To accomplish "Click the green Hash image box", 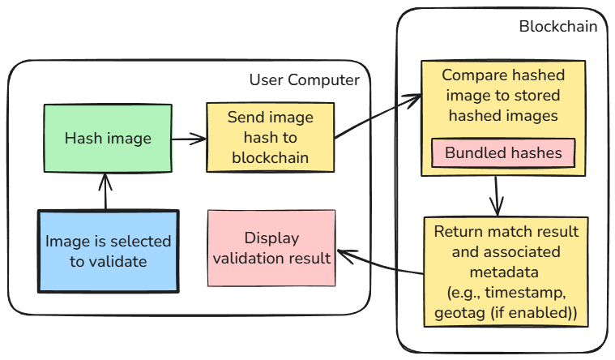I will (x=107, y=138).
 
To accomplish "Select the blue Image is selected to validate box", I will (x=107, y=251).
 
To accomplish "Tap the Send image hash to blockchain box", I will (x=270, y=138).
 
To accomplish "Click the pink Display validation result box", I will (x=271, y=248).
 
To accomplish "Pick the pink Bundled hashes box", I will (x=503, y=152).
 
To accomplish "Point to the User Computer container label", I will (x=304, y=79).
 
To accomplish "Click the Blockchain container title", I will (x=557, y=26).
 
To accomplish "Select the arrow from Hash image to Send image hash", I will (x=188, y=139).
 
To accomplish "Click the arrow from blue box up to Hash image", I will (x=103, y=191).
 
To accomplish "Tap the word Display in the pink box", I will (x=271, y=238).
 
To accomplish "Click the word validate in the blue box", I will (x=120, y=261).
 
